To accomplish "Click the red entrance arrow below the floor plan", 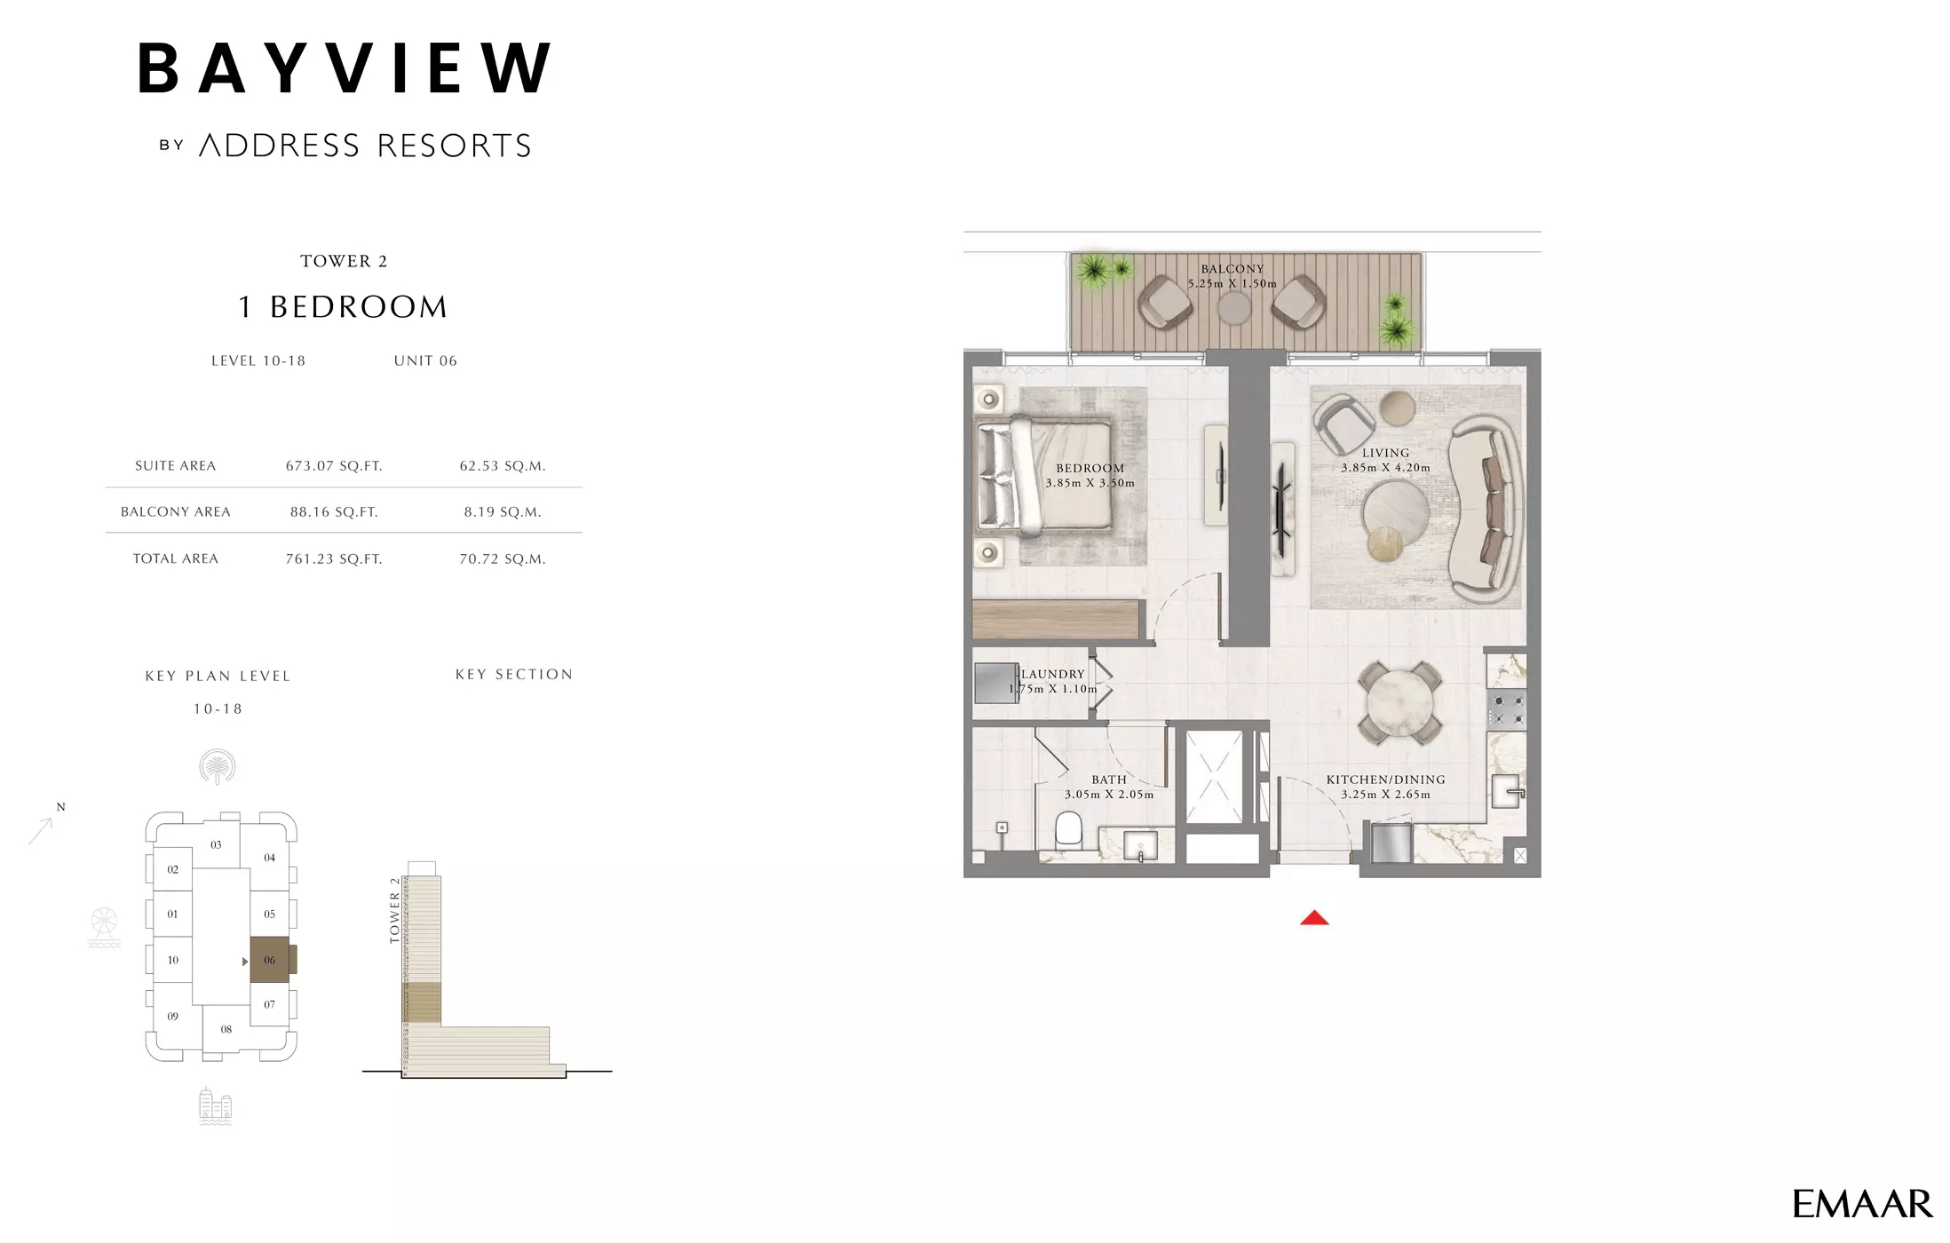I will [1313, 918].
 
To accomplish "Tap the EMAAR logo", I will [1861, 1204].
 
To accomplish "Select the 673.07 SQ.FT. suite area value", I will [334, 466].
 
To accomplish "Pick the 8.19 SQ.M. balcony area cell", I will [502, 512].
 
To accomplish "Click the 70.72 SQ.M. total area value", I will [502, 559].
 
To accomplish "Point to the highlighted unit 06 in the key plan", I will [269, 960].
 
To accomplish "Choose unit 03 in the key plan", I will [216, 844].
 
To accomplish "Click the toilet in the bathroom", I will [1067, 832].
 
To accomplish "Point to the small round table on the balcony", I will [1233, 308].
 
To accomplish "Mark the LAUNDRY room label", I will [1053, 675].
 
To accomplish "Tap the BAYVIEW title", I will [345, 68].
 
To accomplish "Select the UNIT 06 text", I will [425, 361].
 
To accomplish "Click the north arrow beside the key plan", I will [42, 830].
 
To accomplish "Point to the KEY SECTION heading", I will [514, 675].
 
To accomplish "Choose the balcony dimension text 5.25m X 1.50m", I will [1233, 284].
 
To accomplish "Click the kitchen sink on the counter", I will [1506, 789].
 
